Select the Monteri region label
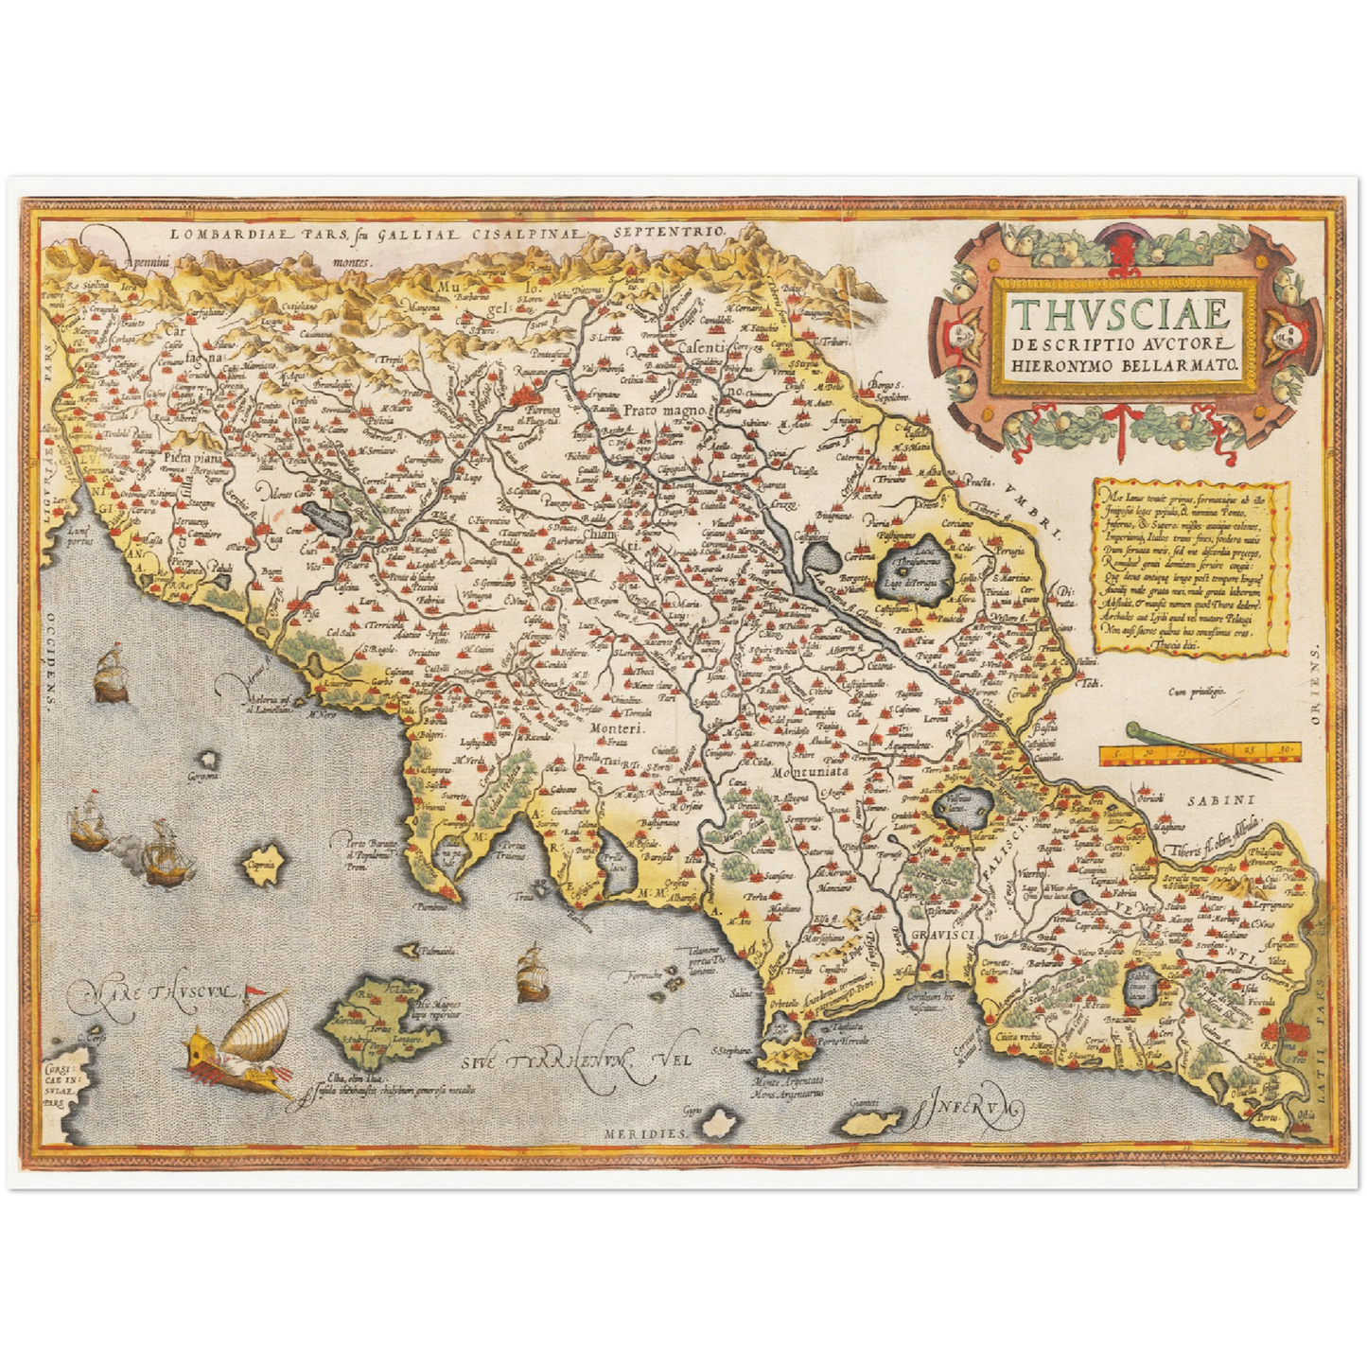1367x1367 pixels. pos(616,728)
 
